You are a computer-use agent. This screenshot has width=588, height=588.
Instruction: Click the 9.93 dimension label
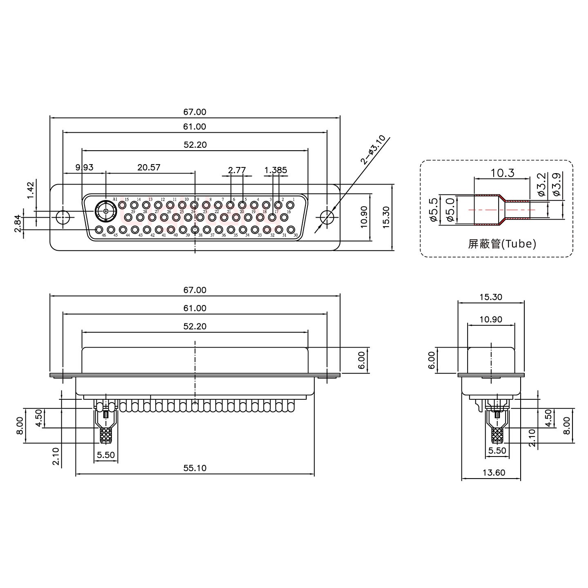tap(85, 167)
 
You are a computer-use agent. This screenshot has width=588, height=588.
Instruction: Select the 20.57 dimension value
tap(149, 167)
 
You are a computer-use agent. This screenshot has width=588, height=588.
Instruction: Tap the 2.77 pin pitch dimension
tap(237, 170)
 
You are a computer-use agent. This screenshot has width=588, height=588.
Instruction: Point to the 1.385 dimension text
tap(276, 170)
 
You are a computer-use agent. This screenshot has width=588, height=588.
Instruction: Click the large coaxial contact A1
tap(106, 212)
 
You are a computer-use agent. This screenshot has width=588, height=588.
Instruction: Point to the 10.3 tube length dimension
tap(502, 173)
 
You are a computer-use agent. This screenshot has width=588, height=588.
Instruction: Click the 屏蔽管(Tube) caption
tap(502, 244)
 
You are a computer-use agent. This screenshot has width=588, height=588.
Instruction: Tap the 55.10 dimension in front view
tap(195, 468)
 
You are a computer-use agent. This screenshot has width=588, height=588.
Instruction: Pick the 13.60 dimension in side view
tap(494, 472)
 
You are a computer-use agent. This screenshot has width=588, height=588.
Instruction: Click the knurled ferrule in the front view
tap(106, 435)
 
